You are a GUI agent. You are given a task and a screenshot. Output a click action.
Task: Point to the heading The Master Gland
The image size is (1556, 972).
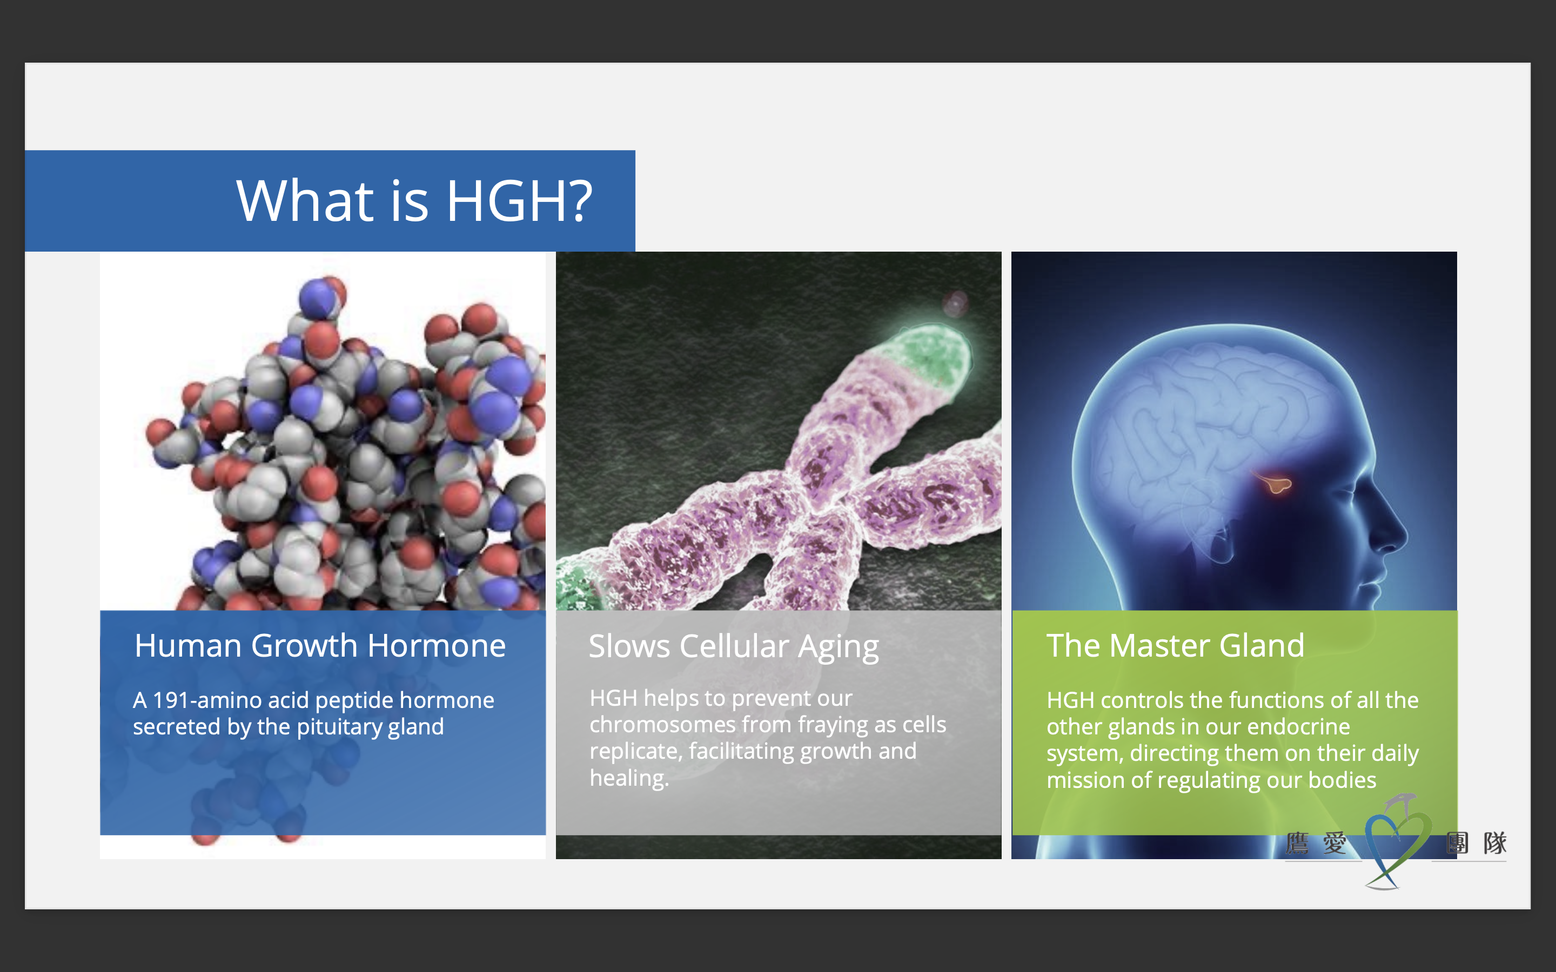(1175, 645)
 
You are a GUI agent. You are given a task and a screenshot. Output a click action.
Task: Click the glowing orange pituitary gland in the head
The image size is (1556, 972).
(1275, 482)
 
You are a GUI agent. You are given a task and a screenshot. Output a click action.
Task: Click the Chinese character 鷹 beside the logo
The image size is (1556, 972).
(1297, 843)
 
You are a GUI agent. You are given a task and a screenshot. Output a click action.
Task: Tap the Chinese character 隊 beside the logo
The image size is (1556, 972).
(1495, 843)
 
